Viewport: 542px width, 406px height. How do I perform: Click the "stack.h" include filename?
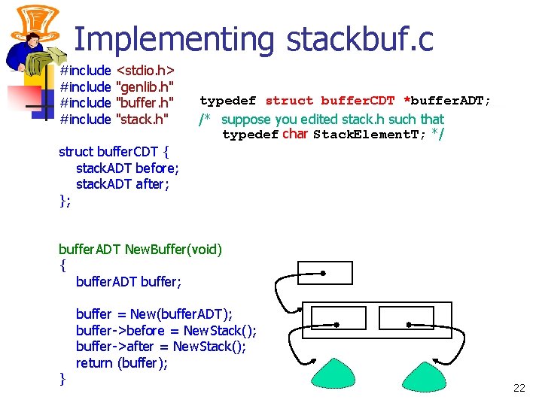coord(141,118)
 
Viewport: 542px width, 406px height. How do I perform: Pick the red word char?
coord(295,135)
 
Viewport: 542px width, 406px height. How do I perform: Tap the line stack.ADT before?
coord(127,168)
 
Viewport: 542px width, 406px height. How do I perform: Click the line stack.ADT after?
coord(123,183)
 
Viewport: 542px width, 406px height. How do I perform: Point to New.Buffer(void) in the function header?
coord(174,249)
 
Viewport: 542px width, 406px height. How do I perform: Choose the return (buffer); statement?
coord(122,363)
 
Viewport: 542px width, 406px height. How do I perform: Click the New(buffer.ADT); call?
coord(181,314)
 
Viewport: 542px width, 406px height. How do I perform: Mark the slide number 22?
coord(519,388)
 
